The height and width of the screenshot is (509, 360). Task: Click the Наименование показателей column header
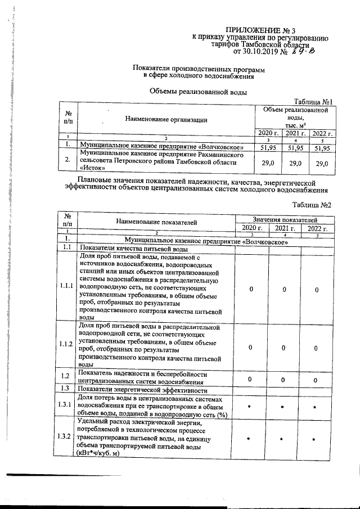(x=157, y=222)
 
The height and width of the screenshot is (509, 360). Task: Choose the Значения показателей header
(x=285, y=218)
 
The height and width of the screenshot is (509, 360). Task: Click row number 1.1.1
(x=66, y=286)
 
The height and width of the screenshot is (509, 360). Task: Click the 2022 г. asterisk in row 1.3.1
(x=316, y=407)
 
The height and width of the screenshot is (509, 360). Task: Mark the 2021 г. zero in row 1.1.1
(x=285, y=289)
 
